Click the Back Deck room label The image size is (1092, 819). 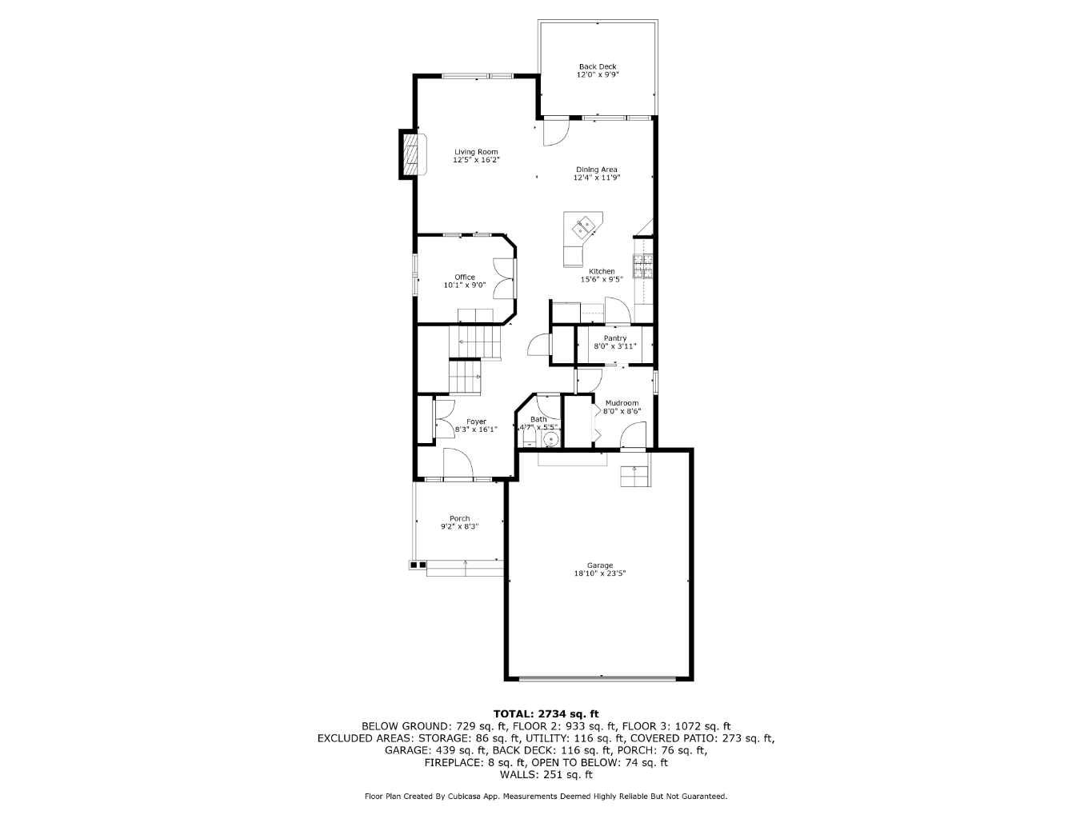point(598,67)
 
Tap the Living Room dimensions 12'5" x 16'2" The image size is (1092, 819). point(476,160)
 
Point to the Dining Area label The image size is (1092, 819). point(597,170)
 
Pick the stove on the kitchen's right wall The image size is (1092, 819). point(643,266)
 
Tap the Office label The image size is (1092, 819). point(465,278)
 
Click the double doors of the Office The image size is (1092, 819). point(503,278)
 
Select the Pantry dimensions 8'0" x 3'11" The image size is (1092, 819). point(614,346)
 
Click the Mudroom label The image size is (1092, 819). point(622,403)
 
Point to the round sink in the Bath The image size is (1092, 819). point(550,439)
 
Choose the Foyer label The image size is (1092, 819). point(476,421)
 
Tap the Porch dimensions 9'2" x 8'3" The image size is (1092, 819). point(459,526)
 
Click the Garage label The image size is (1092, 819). point(600,565)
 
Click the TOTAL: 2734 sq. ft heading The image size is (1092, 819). point(546,713)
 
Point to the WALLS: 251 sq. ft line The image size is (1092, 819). point(546,774)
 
